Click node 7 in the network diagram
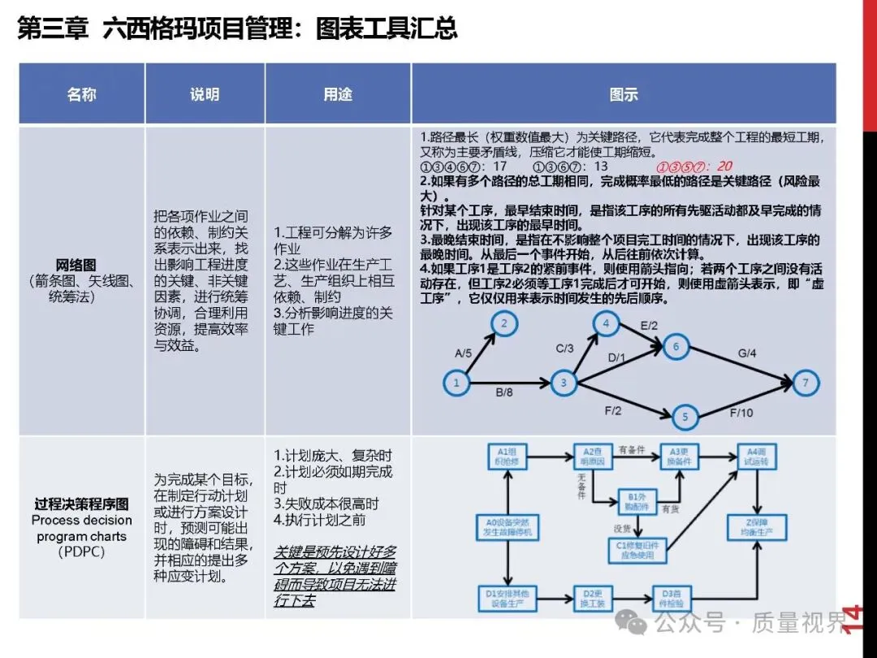[x=806, y=382]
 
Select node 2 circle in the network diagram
[x=504, y=325]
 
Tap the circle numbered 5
[x=685, y=418]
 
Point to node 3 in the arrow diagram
[x=563, y=382]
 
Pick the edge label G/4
[x=746, y=354]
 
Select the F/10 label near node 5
[x=740, y=413]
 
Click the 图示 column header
[x=624, y=94]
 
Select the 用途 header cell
[x=338, y=94]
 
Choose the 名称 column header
[x=81, y=94]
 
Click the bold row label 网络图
[x=76, y=265]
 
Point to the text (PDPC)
[x=81, y=552]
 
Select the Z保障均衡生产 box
[x=757, y=527]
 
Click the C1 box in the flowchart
[x=637, y=551]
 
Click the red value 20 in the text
[x=724, y=167]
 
